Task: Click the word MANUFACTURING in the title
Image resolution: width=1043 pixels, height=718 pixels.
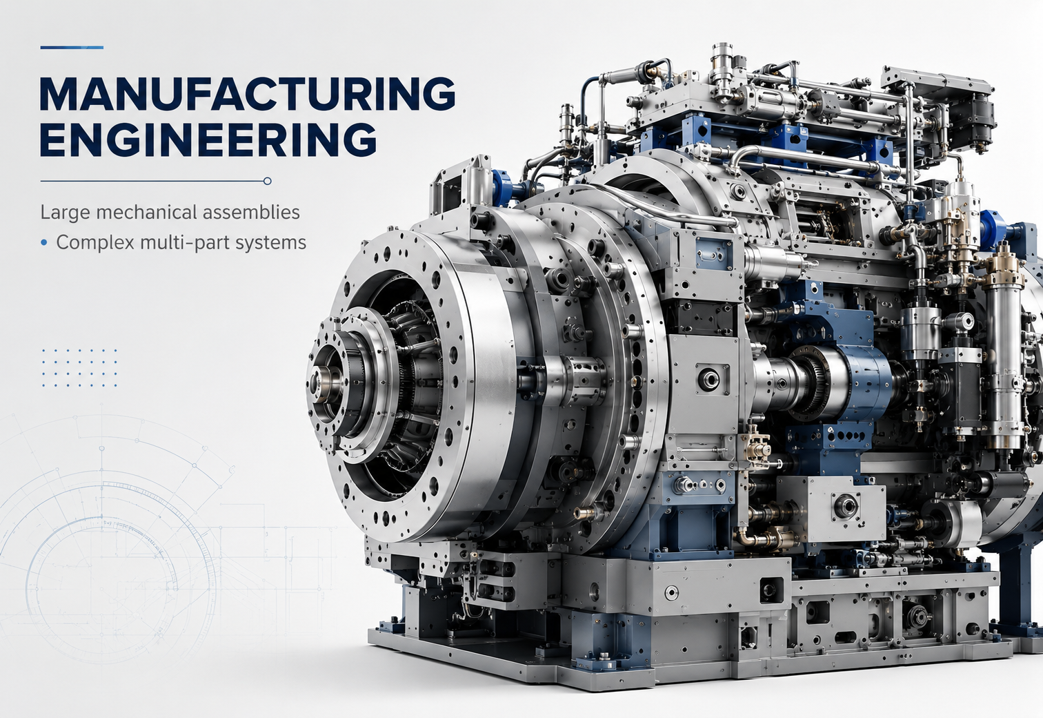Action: click(248, 94)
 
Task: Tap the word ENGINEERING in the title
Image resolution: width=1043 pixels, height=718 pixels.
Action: click(208, 139)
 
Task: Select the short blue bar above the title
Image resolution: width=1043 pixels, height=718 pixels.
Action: click(72, 47)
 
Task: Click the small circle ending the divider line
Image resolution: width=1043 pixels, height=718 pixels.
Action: click(267, 181)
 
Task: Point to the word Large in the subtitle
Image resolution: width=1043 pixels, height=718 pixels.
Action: click(65, 213)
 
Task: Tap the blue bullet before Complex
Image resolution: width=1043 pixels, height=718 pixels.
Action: click(44, 242)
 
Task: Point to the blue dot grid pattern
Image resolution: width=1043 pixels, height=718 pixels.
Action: click(79, 367)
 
